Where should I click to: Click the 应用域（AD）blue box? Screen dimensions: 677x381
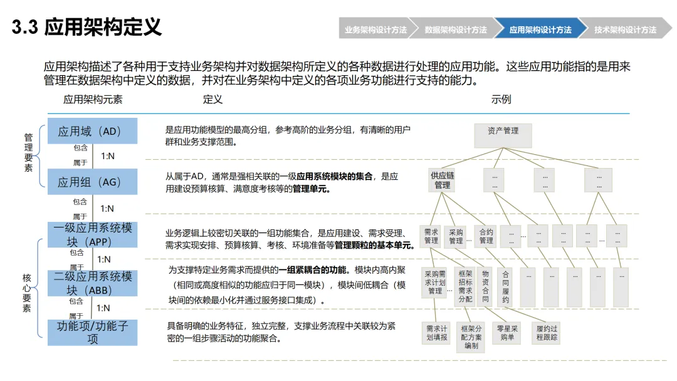click(92, 132)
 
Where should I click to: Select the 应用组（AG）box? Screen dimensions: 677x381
click(92, 182)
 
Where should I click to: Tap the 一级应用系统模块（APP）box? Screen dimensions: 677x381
click(92, 234)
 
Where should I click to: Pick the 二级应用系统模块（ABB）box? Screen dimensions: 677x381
click(92, 283)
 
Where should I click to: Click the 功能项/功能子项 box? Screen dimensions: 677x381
click(92, 332)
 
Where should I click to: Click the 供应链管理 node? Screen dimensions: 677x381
click(443, 180)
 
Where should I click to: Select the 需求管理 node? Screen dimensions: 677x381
click(431, 236)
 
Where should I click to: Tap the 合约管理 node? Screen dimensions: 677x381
click(486, 236)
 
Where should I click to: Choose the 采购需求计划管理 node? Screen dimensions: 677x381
click(435, 283)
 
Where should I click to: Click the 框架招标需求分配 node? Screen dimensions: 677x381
click(465, 286)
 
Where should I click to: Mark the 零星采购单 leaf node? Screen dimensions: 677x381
click(506, 332)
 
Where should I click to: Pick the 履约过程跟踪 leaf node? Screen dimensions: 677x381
click(547, 332)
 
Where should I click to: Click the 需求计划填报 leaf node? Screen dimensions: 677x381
click(436, 332)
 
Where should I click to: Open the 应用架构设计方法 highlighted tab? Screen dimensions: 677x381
click(540, 29)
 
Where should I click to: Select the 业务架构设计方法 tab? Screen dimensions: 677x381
click(375, 29)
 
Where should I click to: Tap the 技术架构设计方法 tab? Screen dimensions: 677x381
click(625, 29)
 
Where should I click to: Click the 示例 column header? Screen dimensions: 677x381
click(501, 99)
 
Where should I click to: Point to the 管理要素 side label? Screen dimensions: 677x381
click(28, 152)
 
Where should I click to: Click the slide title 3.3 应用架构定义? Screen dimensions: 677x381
click(87, 28)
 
